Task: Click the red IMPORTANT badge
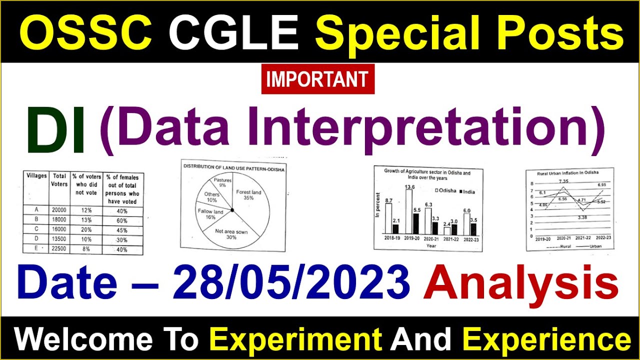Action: pos(317,79)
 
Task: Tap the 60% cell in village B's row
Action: pos(121,220)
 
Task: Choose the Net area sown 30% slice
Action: pos(231,232)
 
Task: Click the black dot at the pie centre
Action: pos(232,210)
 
